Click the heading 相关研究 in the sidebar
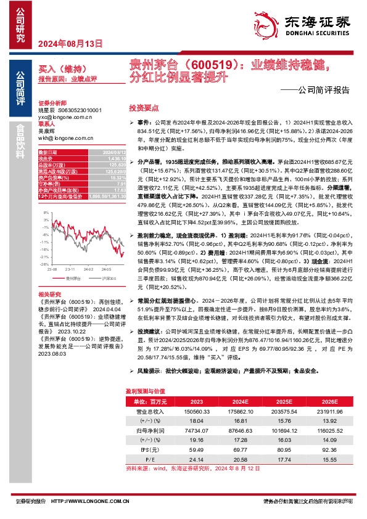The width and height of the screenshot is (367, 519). coord(49,295)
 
